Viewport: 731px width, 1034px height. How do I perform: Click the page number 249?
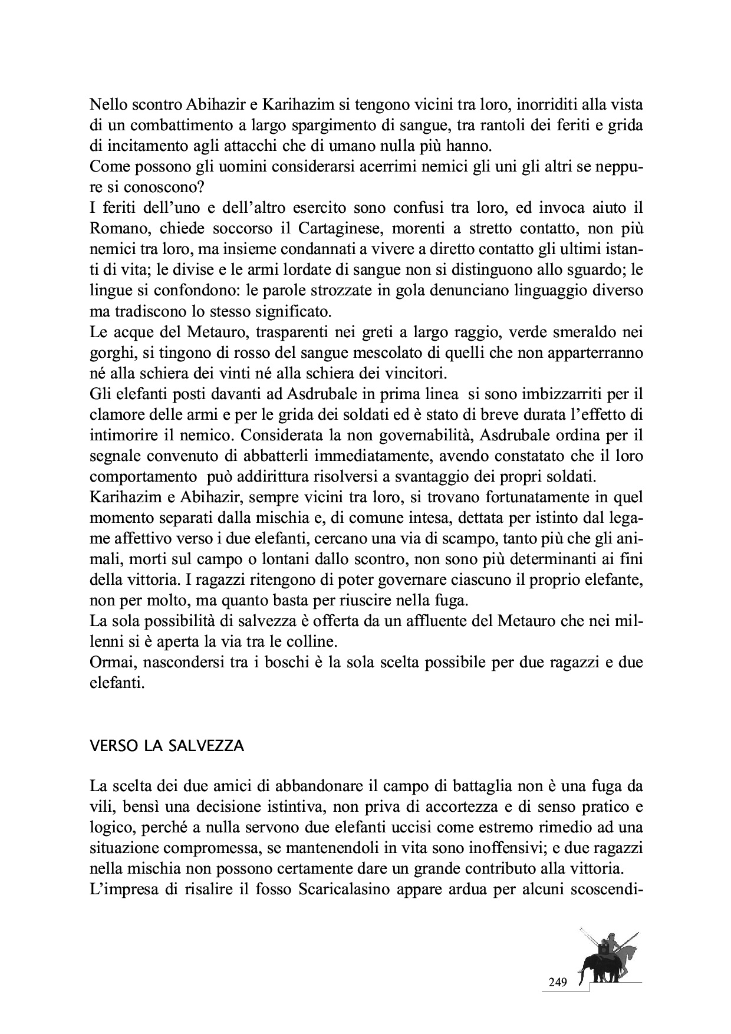[557, 982]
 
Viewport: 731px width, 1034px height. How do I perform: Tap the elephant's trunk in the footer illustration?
[582, 976]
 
